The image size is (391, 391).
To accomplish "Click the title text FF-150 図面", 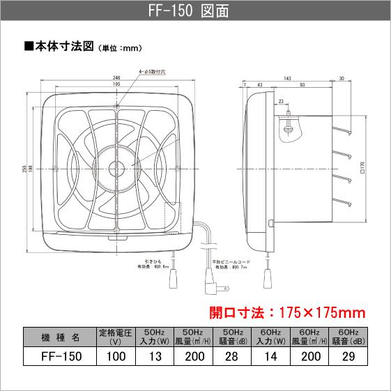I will point(195,12).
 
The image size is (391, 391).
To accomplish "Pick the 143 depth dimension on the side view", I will point(287,78).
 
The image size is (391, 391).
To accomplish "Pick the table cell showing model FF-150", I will point(59,356).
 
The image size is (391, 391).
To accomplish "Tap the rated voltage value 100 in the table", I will point(117,356).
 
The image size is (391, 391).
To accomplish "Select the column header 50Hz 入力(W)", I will point(157,336).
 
